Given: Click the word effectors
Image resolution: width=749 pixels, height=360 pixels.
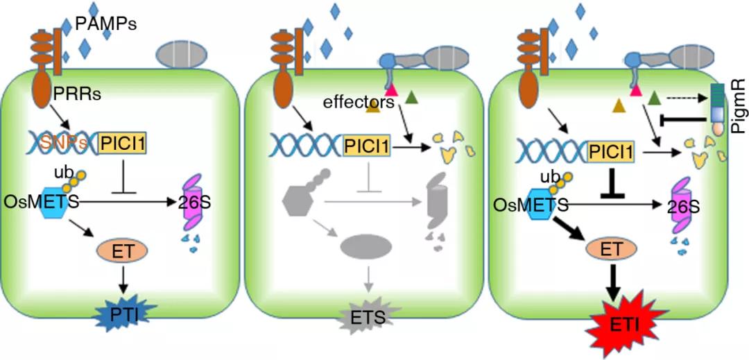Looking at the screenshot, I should click(359, 103).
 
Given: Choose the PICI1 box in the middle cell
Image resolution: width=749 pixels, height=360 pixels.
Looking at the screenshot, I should click(368, 144).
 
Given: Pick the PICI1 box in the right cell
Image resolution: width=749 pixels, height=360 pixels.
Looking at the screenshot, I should click(611, 149).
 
